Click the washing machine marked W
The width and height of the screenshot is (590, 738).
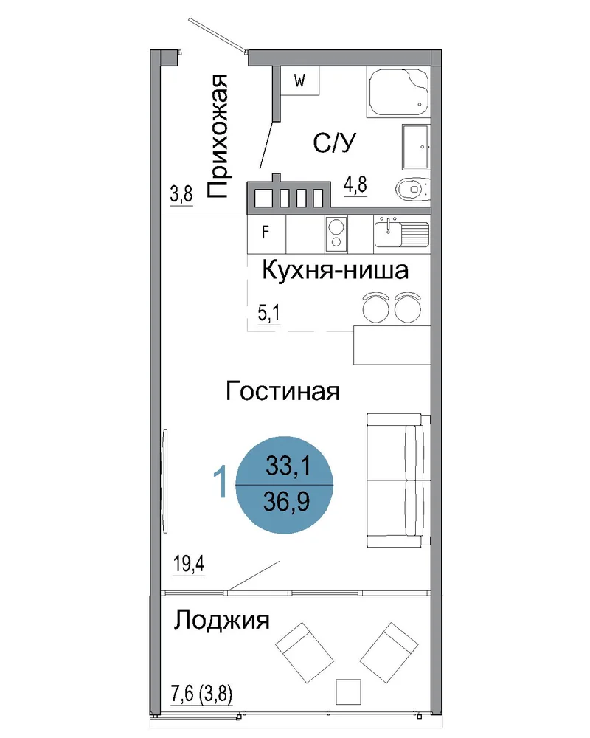click(299, 80)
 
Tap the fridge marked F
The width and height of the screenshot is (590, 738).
click(266, 235)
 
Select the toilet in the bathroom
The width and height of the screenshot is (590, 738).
click(412, 189)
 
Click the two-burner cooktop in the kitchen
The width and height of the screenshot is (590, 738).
click(336, 234)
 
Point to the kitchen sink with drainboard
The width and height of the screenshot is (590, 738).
click(402, 232)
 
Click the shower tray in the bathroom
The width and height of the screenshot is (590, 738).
click(398, 92)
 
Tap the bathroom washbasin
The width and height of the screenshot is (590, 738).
click(416, 147)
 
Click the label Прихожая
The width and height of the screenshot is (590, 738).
click(218, 136)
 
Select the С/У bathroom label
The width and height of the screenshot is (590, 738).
click(335, 142)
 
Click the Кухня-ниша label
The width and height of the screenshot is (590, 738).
click(335, 271)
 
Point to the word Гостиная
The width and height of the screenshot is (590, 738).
click(282, 391)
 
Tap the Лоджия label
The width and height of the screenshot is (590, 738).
click(221, 621)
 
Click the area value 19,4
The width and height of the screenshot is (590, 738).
click(189, 563)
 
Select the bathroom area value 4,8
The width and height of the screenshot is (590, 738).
click(355, 184)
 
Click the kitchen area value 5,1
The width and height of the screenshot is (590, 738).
click(269, 312)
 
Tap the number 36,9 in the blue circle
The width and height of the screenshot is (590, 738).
click(287, 501)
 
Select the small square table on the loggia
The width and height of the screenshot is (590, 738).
click(349, 692)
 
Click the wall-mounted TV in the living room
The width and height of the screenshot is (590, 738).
click(164, 480)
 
